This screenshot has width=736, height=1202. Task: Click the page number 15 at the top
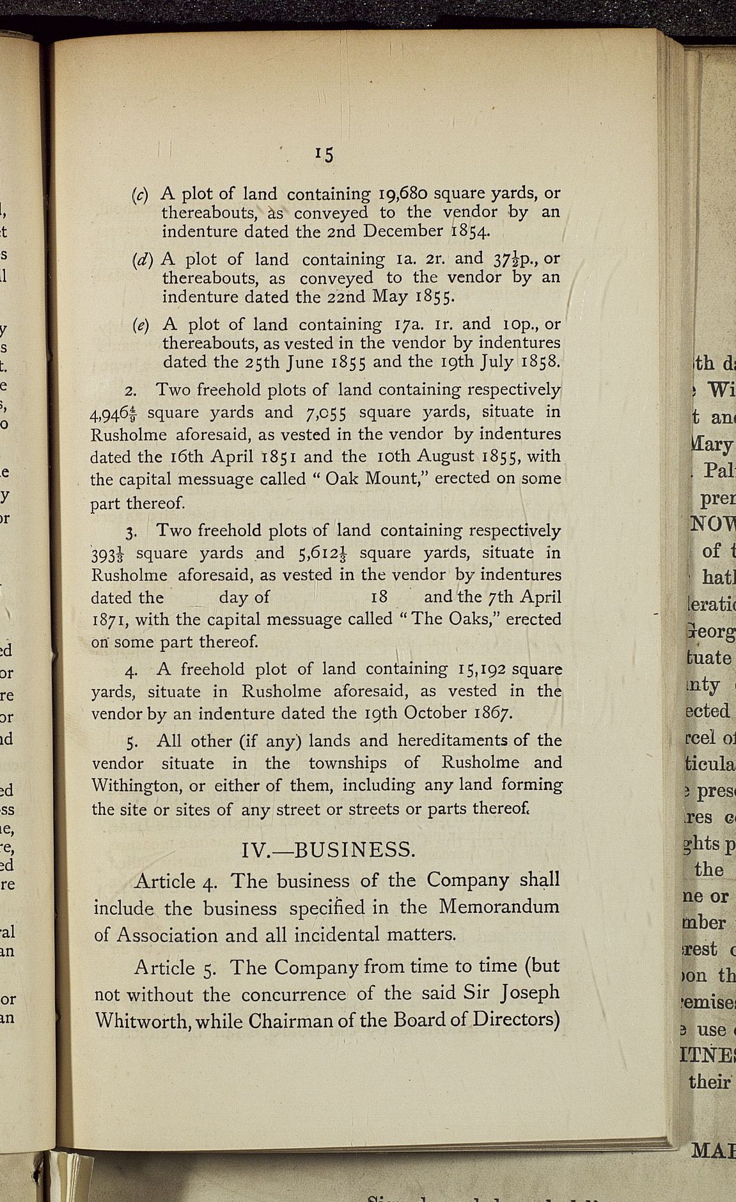[x=325, y=154]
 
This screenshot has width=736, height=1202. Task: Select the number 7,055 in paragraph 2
[x=320, y=413]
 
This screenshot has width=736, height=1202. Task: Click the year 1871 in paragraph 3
[x=109, y=619]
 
